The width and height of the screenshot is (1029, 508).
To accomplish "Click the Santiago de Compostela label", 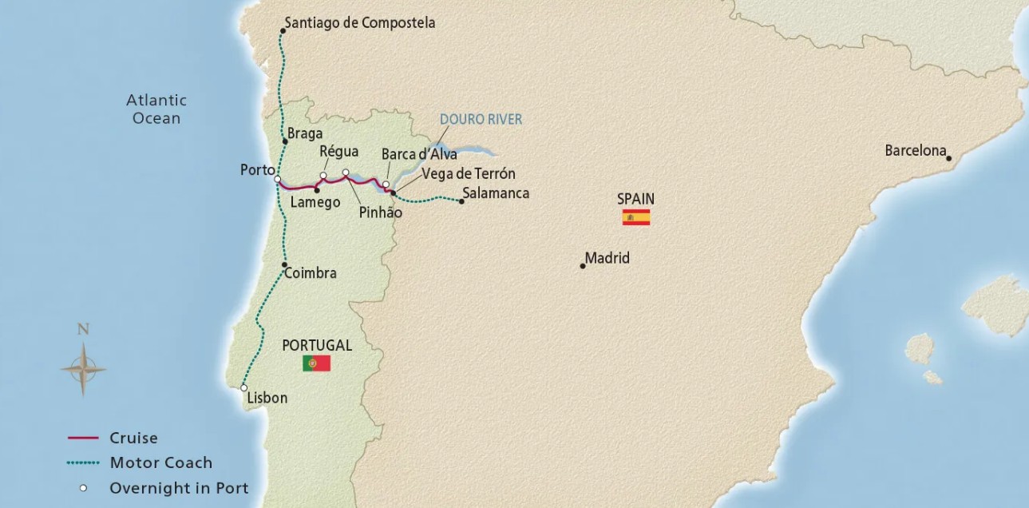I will pos(359,23).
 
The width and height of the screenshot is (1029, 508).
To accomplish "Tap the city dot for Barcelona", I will pos(949,158).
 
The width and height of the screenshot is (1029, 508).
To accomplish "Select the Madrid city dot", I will pos(583,265).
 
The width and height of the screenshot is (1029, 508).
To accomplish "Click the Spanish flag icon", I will pos(636,217).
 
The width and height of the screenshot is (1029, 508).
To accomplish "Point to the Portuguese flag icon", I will pos(316,363).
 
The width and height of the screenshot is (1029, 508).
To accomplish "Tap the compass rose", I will pos(82,370).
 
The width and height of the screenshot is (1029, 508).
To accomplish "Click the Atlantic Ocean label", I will pos(156,109).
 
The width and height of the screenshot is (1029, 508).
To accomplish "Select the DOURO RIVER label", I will pos(481,120).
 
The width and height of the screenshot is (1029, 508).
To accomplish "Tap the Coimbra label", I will pos(311,273).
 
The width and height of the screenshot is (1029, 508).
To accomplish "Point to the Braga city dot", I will pos(285,141).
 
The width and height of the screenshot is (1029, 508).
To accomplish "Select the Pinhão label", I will pos(380,213).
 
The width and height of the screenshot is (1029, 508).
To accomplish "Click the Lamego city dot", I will pos(317,190).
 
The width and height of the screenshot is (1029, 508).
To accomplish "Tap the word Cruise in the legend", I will pos(133,438).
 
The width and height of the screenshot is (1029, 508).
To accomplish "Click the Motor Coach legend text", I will pos(161,462).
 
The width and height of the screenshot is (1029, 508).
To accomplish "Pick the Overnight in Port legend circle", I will pos(82,487).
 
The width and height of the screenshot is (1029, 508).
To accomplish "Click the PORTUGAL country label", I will pos(317,345).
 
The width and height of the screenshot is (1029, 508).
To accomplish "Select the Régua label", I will pos(338,151).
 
